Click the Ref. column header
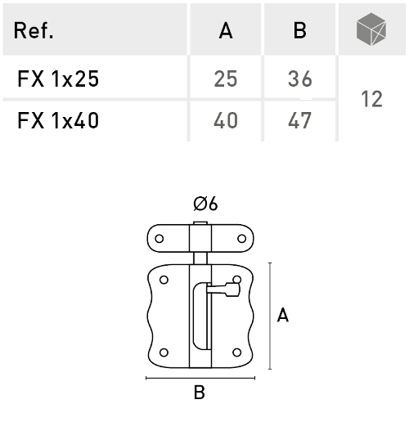pyautogui.click(x=33, y=30)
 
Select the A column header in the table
pyautogui.click(x=226, y=30)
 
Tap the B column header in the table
pyautogui.click(x=299, y=30)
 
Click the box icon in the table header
pyautogui.click(x=371, y=29)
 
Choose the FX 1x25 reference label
pyautogui.click(x=58, y=79)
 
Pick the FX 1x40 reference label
pyautogui.click(x=58, y=120)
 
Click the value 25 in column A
pyautogui.click(x=226, y=79)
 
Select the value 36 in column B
pyautogui.click(x=300, y=79)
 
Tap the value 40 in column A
pyautogui.click(x=226, y=120)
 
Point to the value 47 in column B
pyautogui.click(x=300, y=120)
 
